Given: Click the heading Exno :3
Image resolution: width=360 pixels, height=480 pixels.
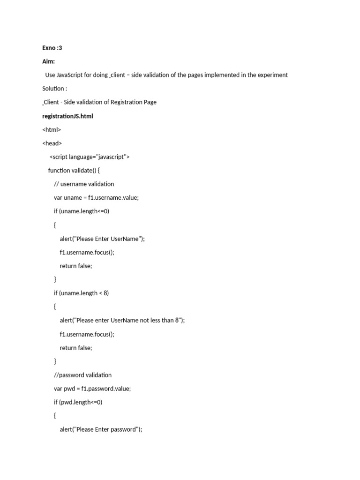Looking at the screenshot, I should click(x=52, y=48).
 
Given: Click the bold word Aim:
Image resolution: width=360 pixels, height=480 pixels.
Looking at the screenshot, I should click(x=48, y=61).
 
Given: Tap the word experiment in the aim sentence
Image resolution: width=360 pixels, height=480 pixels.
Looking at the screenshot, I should click(x=272, y=75).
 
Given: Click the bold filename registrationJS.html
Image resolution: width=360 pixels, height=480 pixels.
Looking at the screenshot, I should click(x=67, y=116).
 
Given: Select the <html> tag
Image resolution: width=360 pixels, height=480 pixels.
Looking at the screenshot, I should click(x=52, y=129).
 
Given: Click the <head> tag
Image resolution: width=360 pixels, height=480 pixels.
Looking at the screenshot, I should click(x=52, y=143).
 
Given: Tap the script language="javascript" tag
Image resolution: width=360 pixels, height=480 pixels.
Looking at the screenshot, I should click(x=90, y=157).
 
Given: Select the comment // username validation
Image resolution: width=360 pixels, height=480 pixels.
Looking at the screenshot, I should click(x=84, y=184).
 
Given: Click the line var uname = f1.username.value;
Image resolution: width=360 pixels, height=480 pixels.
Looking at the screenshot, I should click(x=96, y=197).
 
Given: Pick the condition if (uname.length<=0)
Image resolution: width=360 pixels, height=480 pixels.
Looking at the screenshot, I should click(x=82, y=211).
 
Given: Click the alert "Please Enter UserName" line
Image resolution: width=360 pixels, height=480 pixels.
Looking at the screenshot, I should click(x=102, y=239).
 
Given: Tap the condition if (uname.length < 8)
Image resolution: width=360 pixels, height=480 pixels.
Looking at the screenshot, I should click(x=81, y=293).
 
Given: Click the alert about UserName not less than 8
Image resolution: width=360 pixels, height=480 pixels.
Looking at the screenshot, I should click(x=122, y=320).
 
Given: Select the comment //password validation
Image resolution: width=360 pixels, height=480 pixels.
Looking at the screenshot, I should click(x=83, y=375).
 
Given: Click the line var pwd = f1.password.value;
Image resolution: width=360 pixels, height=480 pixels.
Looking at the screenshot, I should click(x=92, y=389).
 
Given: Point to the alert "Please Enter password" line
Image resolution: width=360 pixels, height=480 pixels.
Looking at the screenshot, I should click(x=101, y=429).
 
